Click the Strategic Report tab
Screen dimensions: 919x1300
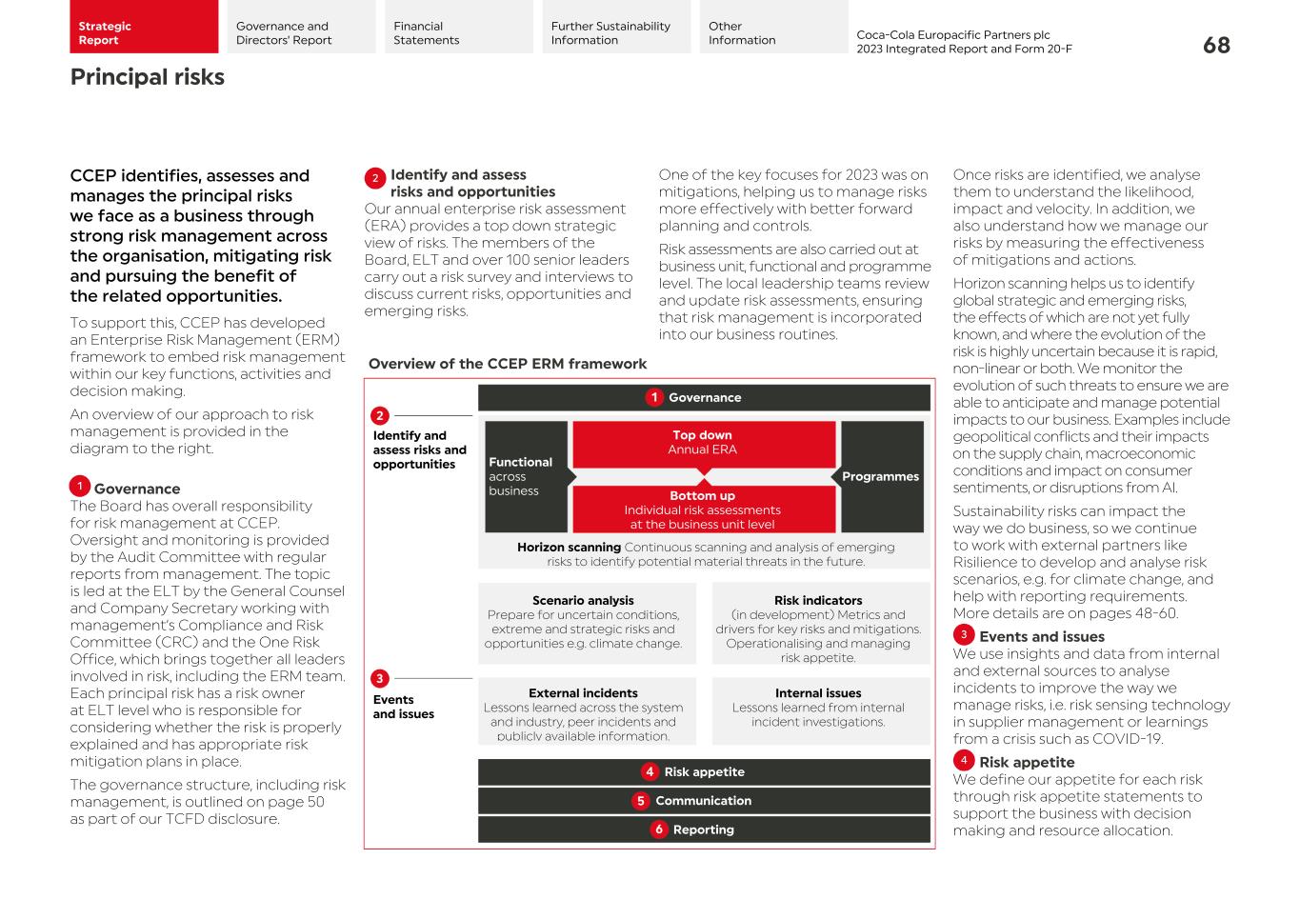(143, 28)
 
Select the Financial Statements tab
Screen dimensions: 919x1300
(458, 28)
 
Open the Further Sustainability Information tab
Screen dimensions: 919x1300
(615, 28)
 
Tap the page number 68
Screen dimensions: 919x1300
(1216, 46)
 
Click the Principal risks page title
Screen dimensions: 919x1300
(148, 77)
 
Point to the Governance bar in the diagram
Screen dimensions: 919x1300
(704, 398)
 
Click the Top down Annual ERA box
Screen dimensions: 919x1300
(703, 443)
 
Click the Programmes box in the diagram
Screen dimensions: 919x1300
(881, 476)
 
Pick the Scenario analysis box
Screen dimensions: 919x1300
(584, 622)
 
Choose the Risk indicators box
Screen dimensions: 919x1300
(818, 629)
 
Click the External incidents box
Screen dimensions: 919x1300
(584, 711)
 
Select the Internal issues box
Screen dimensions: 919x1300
(818, 708)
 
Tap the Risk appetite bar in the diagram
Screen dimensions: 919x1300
(704, 772)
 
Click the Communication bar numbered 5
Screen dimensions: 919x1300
(704, 801)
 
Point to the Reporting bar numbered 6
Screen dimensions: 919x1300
(704, 829)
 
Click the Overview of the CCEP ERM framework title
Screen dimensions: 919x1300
(508, 364)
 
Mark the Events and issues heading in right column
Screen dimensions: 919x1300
(1041, 637)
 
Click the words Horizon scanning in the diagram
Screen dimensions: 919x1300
(569, 548)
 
